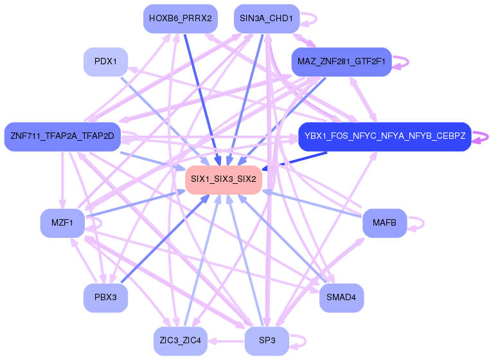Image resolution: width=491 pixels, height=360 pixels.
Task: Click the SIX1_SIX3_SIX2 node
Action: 224,179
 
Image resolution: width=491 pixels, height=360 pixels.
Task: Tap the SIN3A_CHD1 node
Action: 266,18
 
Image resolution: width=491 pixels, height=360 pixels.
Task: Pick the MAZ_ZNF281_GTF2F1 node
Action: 341,62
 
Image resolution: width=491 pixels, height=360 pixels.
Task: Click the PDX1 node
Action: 105,62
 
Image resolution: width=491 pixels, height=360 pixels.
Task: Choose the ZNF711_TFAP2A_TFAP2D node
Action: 62,136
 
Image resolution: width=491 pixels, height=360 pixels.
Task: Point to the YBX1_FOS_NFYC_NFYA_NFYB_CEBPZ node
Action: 384,136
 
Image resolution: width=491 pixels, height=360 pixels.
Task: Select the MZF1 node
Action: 62,223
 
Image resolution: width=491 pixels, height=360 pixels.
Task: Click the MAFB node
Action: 384,223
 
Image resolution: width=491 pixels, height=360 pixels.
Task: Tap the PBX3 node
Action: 105,298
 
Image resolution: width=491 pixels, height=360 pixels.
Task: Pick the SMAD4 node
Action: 341,298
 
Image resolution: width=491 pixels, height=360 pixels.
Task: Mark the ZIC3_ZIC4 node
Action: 180,341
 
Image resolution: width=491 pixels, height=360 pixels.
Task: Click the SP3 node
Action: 266,341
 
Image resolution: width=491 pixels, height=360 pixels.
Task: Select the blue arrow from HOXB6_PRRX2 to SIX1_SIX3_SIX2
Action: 201,96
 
